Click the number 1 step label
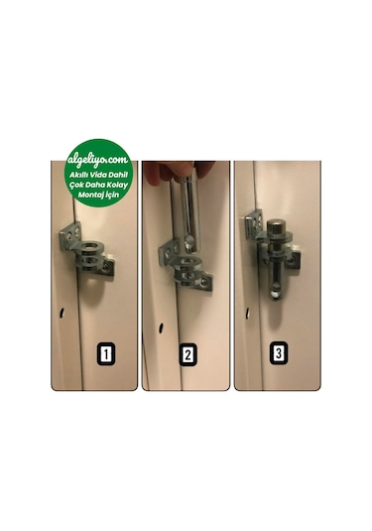tap(106, 354)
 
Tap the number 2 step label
tap(187, 354)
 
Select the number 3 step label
tap(279, 353)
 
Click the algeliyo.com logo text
tap(98, 159)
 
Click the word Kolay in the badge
tap(116, 185)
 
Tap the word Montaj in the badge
tap(89, 196)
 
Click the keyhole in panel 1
tap(62, 313)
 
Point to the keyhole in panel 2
tap(161, 328)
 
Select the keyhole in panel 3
tap(247, 314)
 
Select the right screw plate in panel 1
tap(107, 269)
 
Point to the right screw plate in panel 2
tap(204, 281)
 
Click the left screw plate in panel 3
tap(254, 223)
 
